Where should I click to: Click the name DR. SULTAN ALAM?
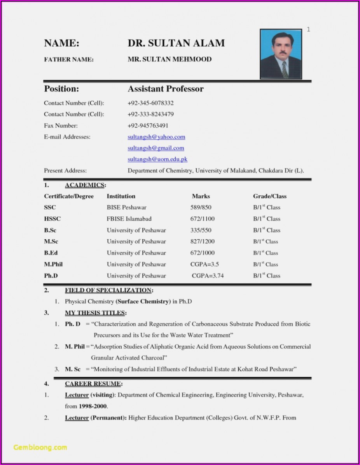pyautogui.click(x=176, y=43)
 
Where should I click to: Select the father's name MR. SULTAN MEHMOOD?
pyautogui.click(x=170, y=59)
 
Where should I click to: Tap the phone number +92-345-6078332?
pyautogui.click(x=150, y=103)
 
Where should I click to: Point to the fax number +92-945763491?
pyautogui.click(x=148, y=126)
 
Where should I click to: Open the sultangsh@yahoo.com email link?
pyautogui.click(x=156, y=137)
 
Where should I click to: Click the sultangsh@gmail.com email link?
pyautogui.click(x=156, y=148)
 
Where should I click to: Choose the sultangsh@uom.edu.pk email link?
pyautogui.click(x=157, y=160)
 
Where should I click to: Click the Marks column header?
pyautogui.click(x=201, y=196)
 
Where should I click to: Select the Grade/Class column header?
pyautogui.click(x=270, y=196)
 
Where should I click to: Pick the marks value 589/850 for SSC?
pyautogui.click(x=201, y=207)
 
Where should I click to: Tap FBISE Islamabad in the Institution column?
pyautogui.click(x=129, y=219)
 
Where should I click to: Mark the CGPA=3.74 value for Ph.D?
pyautogui.click(x=208, y=276)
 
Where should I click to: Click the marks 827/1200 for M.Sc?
pyautogui.click(x=202, y=241)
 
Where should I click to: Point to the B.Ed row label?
pyautogui.click(x=51, y=253)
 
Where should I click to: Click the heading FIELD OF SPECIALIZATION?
pyautogui.click(x=108, y=290)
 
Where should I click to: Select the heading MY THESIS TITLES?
pyautogui.click(x=95, y=313)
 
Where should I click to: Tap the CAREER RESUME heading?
pyautogui.click(x=93, y=384)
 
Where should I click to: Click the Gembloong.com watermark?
pyautogui.click(x=40, y=447)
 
